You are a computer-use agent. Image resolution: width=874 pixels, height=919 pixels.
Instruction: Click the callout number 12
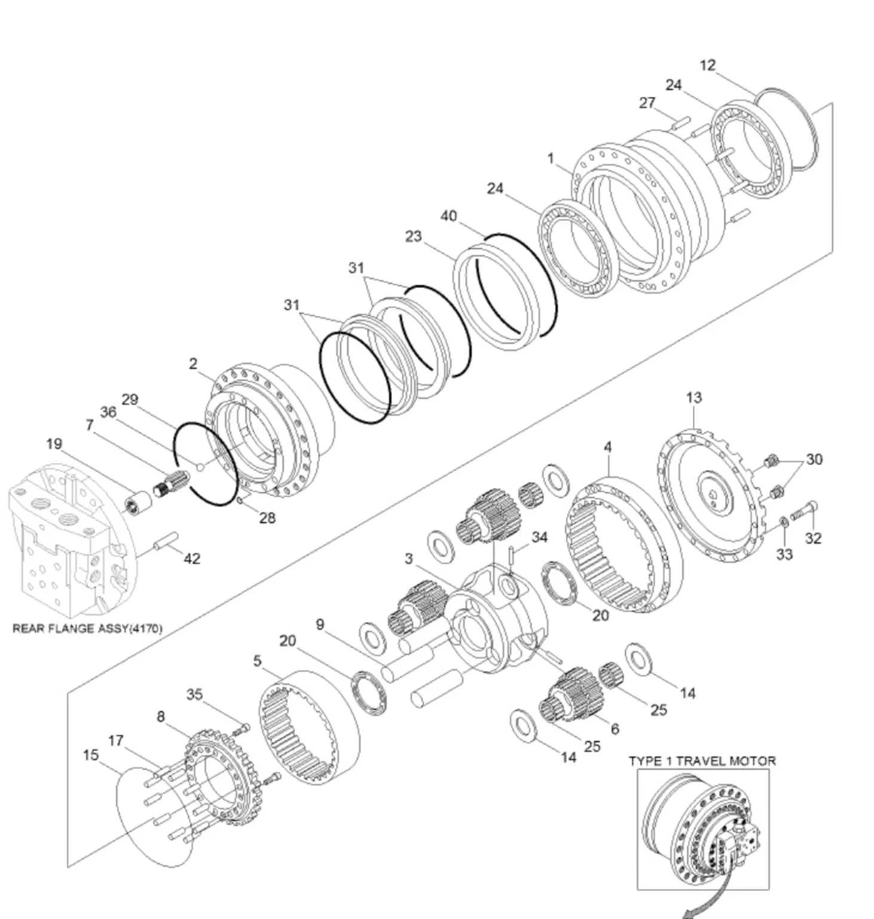[x=707, y=65]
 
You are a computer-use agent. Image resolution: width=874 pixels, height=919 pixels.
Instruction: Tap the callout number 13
[x=693, y=398]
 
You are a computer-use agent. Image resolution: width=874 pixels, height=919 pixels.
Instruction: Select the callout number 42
[x=191, y=558]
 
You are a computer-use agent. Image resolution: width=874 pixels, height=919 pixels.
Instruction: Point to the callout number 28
[x=267, y=518]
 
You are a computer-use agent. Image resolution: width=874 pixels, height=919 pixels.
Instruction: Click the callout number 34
[x=539, y=537]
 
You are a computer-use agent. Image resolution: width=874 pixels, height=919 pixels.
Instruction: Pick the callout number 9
[x=320, y=625]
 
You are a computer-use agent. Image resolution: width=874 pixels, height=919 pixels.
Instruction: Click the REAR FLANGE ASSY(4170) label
[x=87, y=629]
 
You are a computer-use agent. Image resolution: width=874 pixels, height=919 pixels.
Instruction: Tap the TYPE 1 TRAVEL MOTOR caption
[x=702, y=761]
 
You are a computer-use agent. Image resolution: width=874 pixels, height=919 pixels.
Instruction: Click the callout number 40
[x=448, y=216]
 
